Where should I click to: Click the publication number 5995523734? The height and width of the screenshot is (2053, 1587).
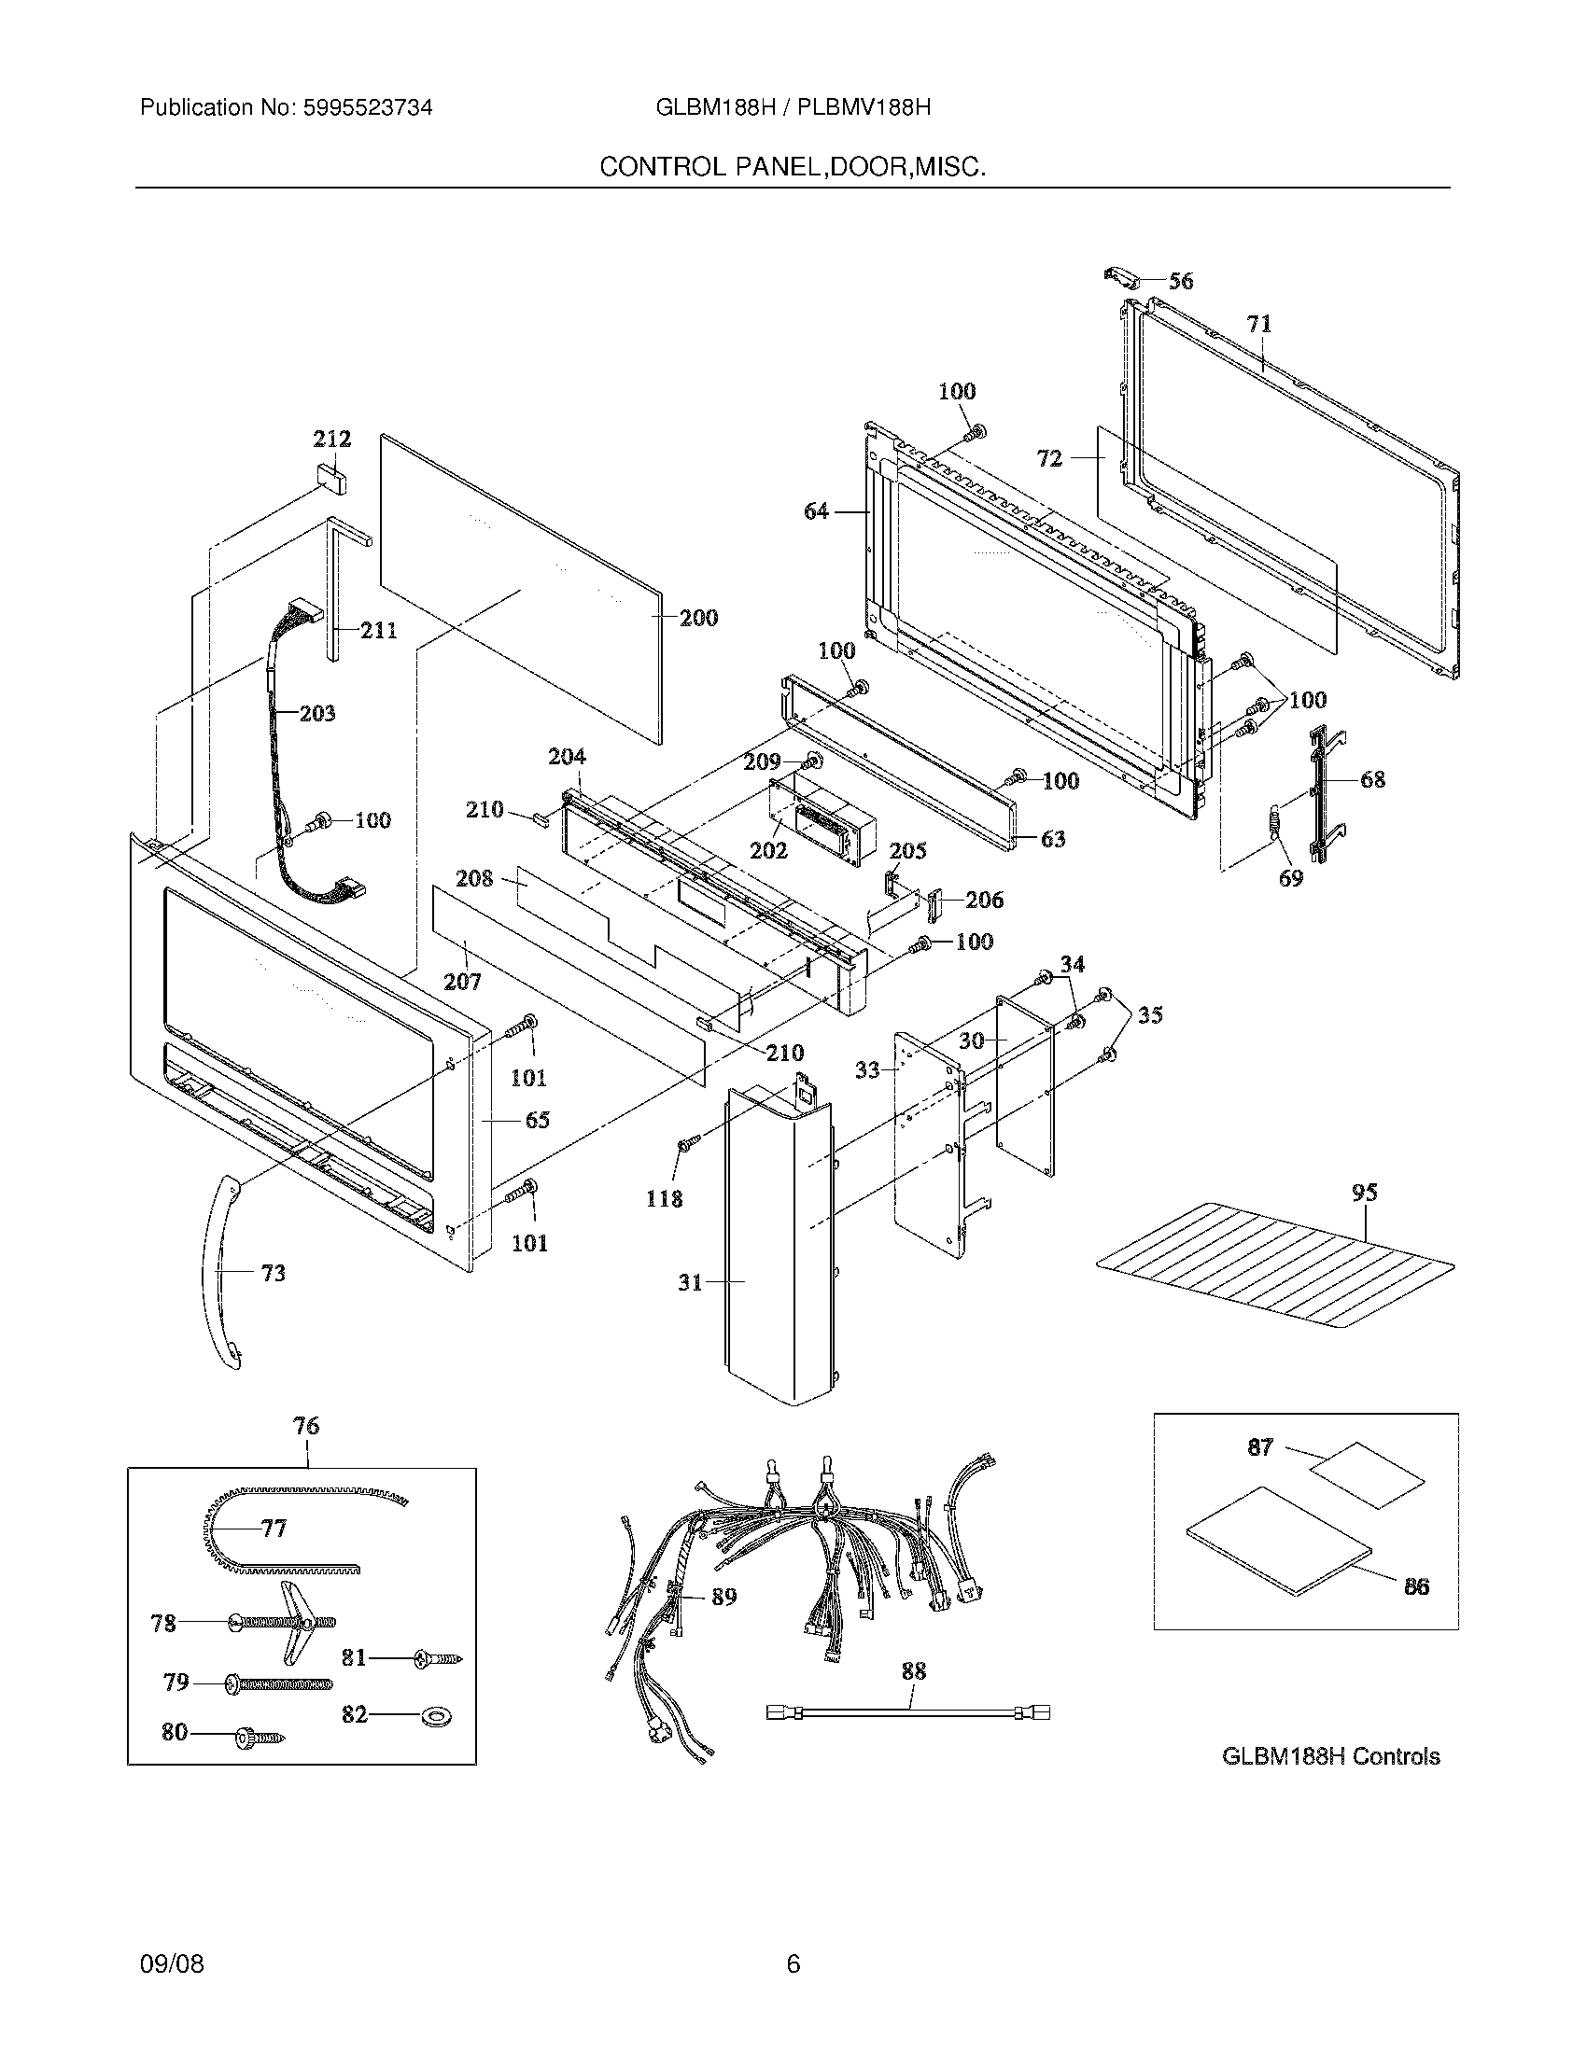368,107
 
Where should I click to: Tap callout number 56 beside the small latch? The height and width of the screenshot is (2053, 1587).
1181,280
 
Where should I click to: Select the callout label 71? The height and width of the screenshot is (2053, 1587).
1259,324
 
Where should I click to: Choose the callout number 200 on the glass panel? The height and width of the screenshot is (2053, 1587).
698,618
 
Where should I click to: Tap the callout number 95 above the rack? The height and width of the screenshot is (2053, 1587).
1364,1192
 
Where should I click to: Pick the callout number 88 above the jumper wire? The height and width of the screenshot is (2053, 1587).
913,1670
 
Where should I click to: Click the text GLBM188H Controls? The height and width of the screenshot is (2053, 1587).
1330,1756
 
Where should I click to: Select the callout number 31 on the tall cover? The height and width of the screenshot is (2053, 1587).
690,1281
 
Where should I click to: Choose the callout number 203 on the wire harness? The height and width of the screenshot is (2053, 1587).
316,713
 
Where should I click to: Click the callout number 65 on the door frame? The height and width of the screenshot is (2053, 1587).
537,1120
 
